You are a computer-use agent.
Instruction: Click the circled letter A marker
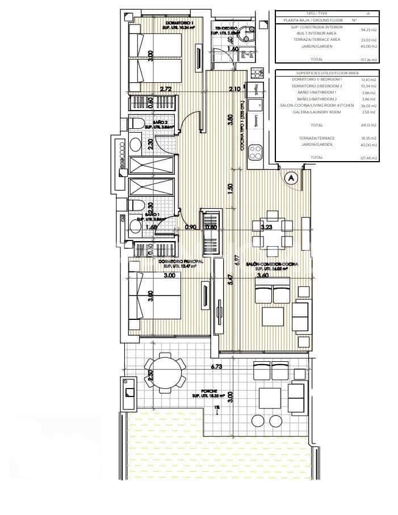[292, 178]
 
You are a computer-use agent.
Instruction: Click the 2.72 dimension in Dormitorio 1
[166, 89]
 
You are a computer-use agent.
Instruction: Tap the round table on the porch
[165, 372]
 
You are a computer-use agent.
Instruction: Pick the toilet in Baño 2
[136, 123]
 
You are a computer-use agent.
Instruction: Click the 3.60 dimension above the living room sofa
[262, 276]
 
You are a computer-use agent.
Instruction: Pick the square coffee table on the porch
[270, 395]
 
